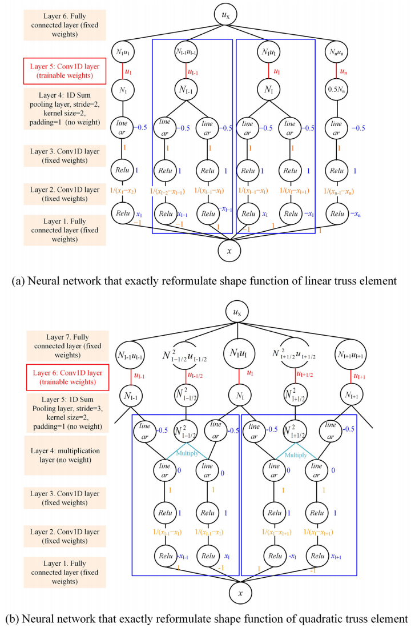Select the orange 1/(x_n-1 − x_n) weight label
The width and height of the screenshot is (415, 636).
337,191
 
